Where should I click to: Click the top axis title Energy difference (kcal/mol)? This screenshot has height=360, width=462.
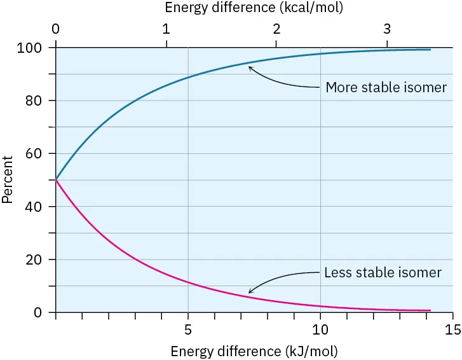click(254, 8)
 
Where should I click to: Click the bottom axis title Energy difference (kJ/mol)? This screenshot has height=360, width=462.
click(254, 350)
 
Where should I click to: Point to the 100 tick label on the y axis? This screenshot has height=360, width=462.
click(34, 48)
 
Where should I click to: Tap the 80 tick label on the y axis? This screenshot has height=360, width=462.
click(36, 100)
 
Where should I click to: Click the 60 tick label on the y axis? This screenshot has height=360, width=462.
click(36, 153)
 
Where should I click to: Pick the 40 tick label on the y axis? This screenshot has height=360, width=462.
click(36, 207)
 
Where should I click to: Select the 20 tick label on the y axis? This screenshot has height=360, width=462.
click(36, 260)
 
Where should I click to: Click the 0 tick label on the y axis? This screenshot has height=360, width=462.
click(39, 312)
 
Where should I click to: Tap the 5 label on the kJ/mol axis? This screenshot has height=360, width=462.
click(188, 330)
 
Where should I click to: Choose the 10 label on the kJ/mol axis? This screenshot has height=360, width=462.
click(320, 330)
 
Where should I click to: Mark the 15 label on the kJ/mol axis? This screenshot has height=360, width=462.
click(452, 330)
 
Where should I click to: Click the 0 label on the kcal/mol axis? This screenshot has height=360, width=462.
click(56, 29)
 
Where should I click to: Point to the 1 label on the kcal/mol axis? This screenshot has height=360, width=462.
click(166, 29)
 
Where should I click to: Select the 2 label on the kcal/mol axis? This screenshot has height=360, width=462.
click(276, 29)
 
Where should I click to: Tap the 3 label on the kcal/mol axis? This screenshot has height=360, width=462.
click(387, 29)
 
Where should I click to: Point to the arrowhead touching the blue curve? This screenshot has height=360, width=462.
click(250, 67)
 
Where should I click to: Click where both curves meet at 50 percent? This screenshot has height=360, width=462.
click(57, 180)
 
